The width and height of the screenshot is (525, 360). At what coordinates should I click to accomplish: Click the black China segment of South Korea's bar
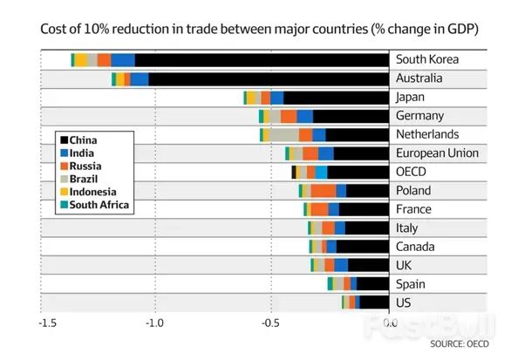coord(262,59)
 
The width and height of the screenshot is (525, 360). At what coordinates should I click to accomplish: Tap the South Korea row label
coord(427,60)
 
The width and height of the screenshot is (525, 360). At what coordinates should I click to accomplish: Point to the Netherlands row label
coord(426,134)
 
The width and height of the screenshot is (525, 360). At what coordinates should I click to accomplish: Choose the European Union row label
coord(437,153)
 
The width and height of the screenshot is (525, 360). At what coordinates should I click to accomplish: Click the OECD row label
coord(412,172)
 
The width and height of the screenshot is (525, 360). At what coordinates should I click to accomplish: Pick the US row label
coord(404,302)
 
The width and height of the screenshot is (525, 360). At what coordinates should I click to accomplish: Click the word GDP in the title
coord(463,29)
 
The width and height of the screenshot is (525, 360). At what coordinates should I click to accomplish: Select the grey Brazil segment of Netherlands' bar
coord(281,134)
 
